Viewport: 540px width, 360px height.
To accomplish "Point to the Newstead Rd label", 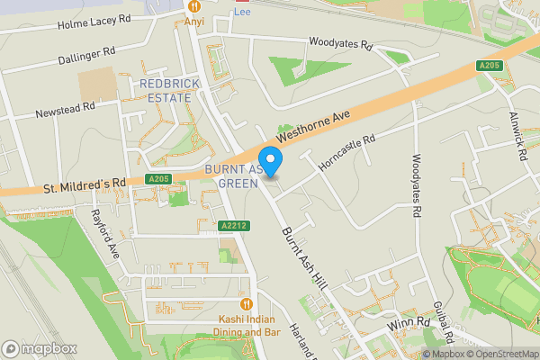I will [65, 110].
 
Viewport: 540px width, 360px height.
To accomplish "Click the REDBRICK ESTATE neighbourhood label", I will [168, 91].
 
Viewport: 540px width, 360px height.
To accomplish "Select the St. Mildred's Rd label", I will [84, 185].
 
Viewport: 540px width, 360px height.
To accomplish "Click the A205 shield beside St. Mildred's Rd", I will [158, 180].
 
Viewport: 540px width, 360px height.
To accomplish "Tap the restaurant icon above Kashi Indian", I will [244, 303].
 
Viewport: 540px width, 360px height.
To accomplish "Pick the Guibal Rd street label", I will [442, 322].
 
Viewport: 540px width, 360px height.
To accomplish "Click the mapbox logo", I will [39, 348].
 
